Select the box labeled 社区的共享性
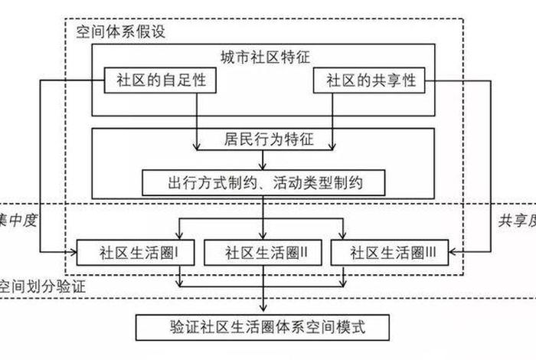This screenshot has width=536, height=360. (x=371, y=80)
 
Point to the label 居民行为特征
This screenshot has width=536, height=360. (x=264, y=140)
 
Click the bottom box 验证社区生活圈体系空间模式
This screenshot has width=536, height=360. (x=264, y=328)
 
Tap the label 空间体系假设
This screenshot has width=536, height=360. (x=119, y=31)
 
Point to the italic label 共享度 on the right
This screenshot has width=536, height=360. (x=516, y=221)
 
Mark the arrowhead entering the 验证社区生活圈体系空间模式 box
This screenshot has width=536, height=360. (x=264, y=310)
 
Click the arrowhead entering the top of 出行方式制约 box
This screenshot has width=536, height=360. (x=264, y=166)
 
